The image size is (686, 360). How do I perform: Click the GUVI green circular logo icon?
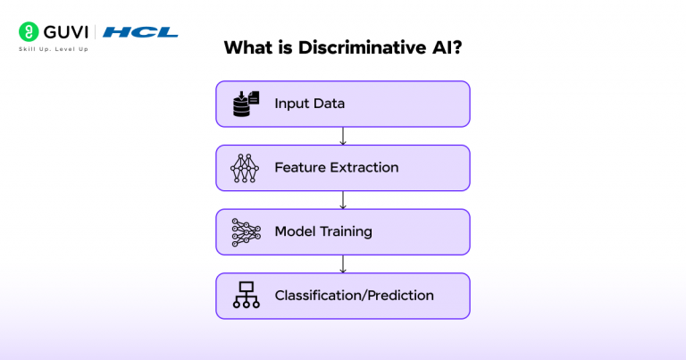(x=29, y=32)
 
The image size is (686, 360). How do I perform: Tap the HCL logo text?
(x=140, y=32)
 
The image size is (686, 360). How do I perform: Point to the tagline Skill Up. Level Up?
(x=53, y=48)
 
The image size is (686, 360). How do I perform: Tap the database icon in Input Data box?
(x=245, y=104)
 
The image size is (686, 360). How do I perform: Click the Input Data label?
(x=309, y=104)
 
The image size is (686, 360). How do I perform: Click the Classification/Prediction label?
(x=354, y=296)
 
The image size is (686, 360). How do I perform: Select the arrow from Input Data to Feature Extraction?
(x=343, y=136)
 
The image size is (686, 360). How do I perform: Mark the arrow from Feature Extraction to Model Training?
(x=343, y=200)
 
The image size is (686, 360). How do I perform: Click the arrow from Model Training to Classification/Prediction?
(x=343, y=264)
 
